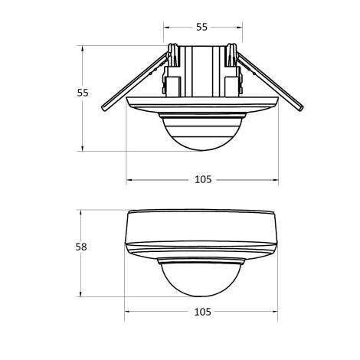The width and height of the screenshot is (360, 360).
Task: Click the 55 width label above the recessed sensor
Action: [201, 27]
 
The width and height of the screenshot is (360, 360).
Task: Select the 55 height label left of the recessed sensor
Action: [83, 93]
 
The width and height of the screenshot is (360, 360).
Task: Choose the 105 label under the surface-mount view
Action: [202, 312]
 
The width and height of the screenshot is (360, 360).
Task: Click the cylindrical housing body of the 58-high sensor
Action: [202, 227]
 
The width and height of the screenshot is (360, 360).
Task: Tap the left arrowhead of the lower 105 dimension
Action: [129, 312]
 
